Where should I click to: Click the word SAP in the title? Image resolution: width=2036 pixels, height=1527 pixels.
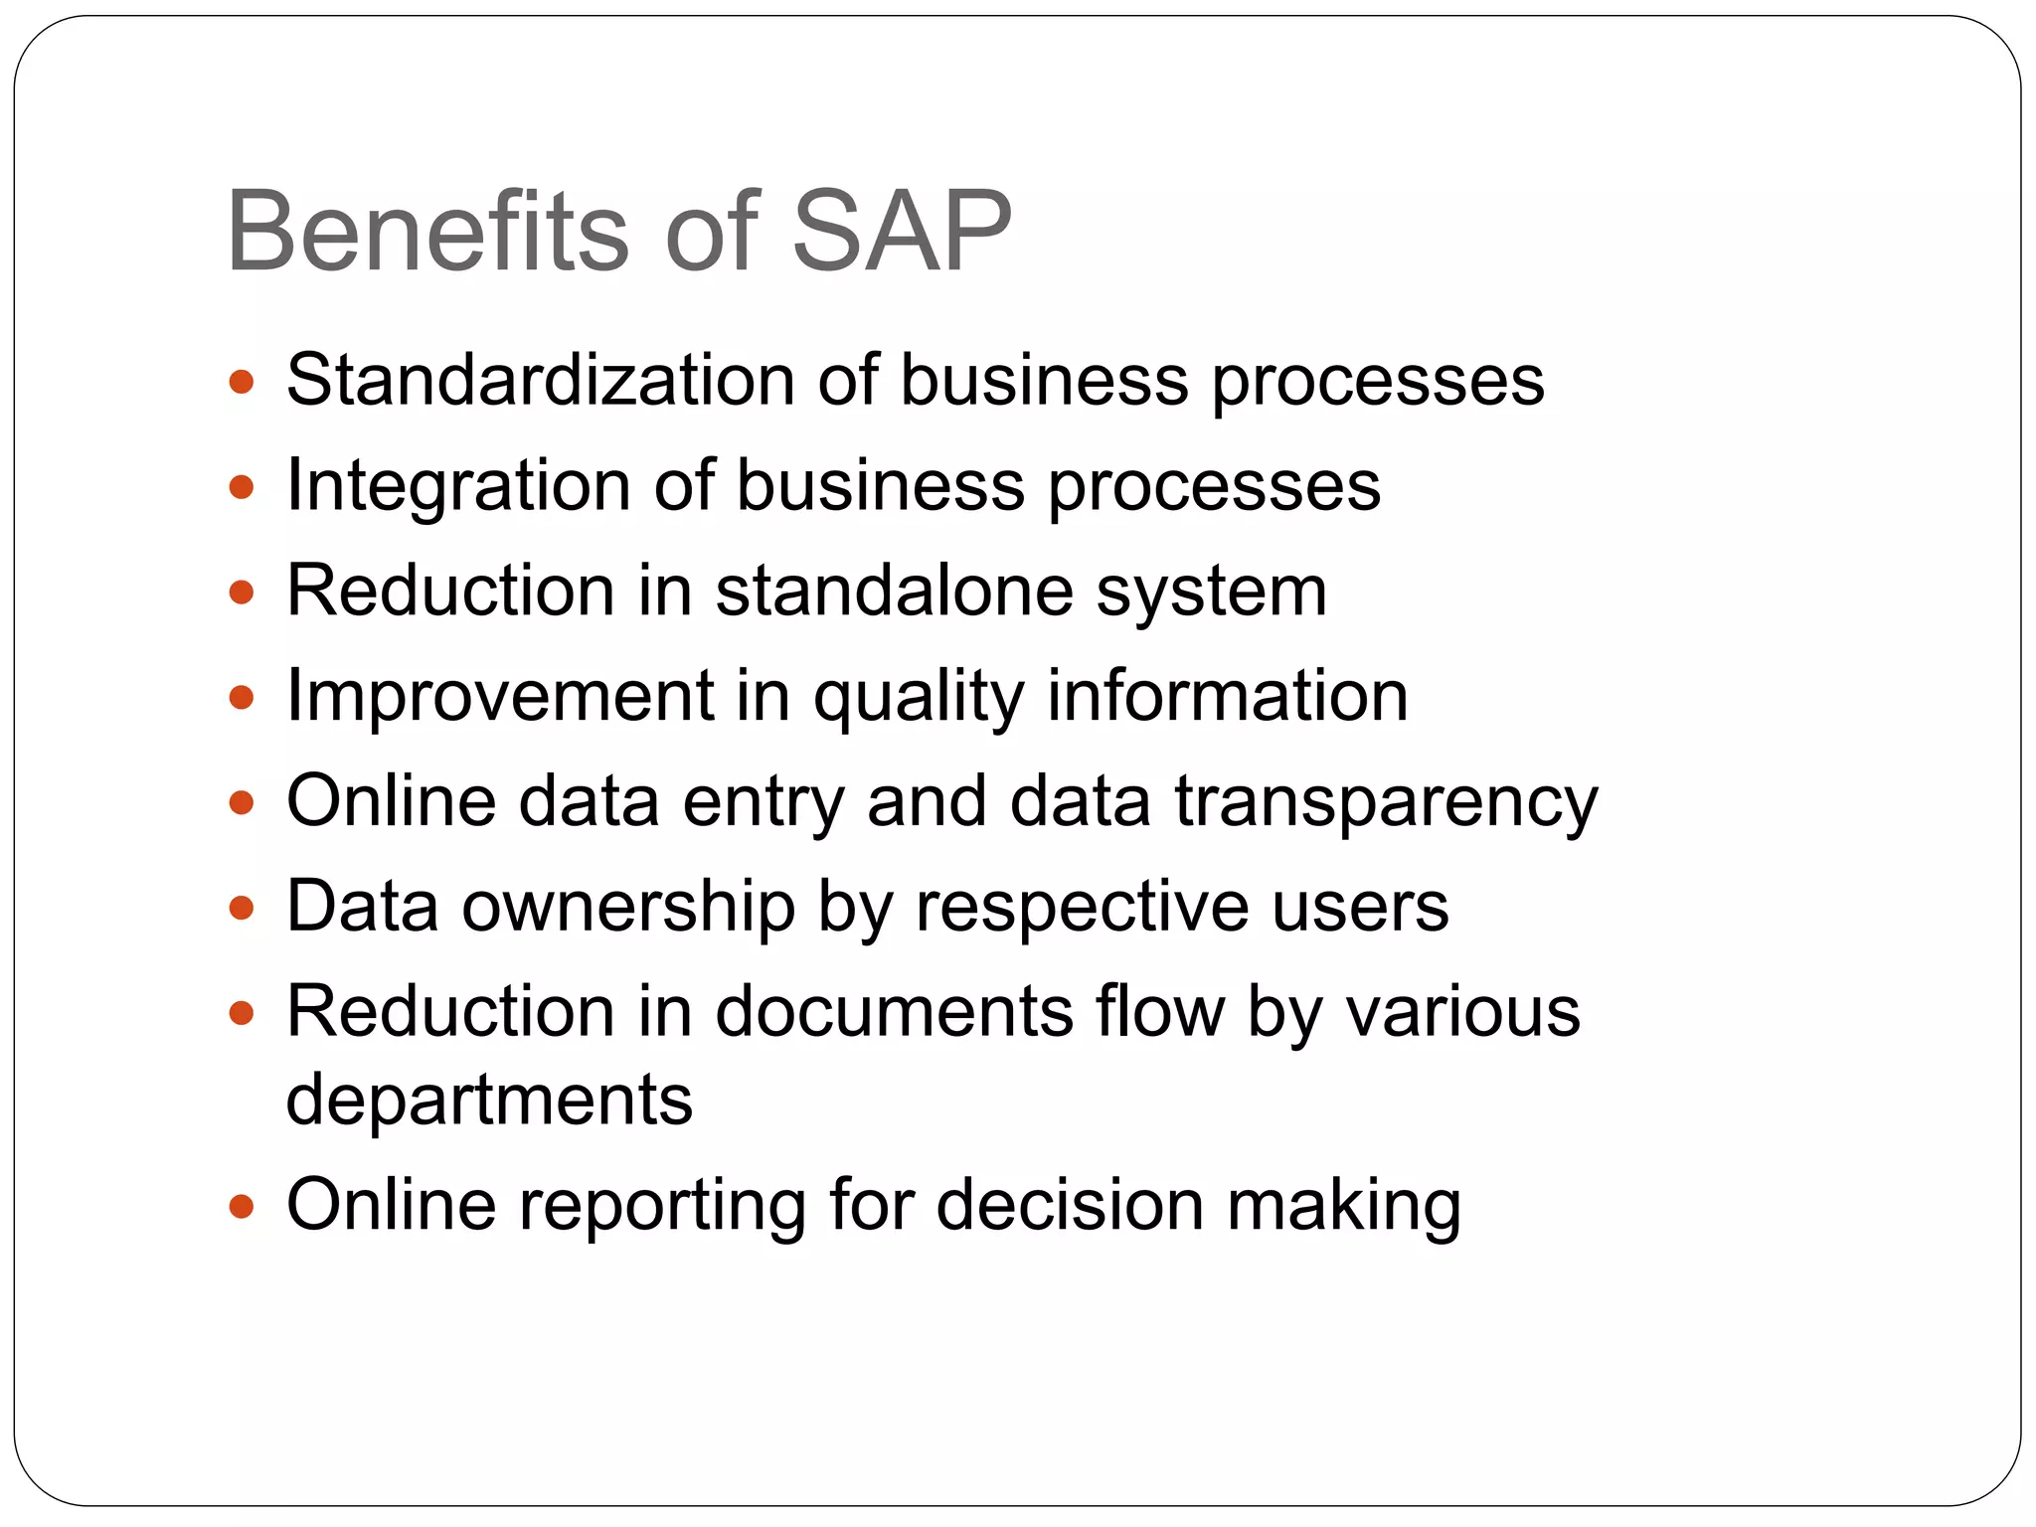[901, 232]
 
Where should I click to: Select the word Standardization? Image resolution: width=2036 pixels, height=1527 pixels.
[541, 380]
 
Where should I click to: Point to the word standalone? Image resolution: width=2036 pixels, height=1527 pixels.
[894, 591]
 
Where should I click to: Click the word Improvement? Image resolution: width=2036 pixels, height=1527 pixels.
[500, 696]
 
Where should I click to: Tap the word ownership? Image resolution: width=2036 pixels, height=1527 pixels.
[628, 907]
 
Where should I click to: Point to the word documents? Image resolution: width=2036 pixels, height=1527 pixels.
[894, 1012]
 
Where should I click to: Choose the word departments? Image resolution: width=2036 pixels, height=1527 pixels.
[489, 1102]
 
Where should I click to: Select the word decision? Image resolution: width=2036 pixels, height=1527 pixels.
[1070, 1205]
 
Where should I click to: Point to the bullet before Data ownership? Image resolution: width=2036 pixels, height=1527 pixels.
[242, 908]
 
